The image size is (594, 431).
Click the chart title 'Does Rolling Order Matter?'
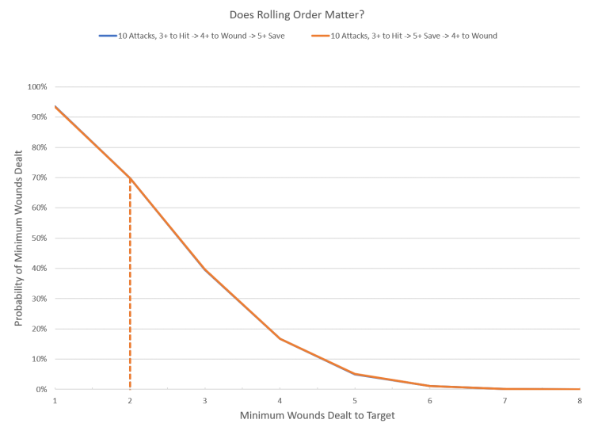[x=298, y=14]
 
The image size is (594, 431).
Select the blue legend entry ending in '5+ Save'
[x=195, y=36]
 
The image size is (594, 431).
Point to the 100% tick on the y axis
[x=40, y=86]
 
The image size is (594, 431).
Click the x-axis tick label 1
[x=55, y=401]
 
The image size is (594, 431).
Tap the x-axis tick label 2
[x=129, y=401]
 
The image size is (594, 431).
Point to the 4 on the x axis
[x=280, y=401]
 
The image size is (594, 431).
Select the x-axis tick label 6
[x=429, y=401]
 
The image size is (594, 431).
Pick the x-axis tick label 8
[x=580, y=401]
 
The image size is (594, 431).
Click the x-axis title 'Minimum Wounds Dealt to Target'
[x=317, y=415]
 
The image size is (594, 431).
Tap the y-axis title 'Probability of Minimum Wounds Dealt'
[x=17, y=238]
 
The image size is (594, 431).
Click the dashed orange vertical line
[x=129, y=285]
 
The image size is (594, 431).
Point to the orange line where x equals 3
[x=204, y=268]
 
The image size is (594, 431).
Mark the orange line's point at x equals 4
[x=280, y=338]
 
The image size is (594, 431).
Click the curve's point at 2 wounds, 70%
[x=129, y=177]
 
